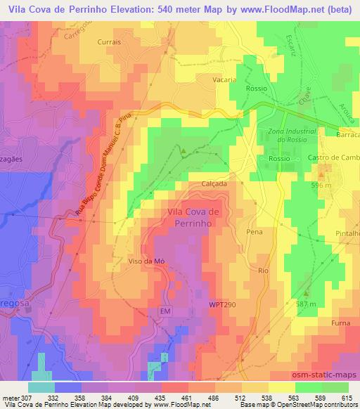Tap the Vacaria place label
click(225, 80)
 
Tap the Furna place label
click(341, 324)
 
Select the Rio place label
click(264, 270)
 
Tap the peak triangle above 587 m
click(307, 292)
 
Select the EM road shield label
click(165, 310)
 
